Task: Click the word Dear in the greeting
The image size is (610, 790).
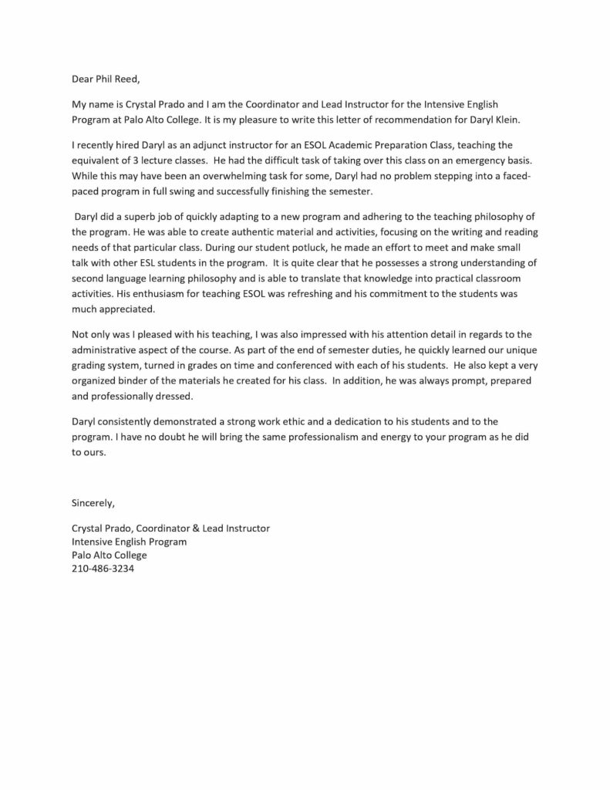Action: click(83, 78)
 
